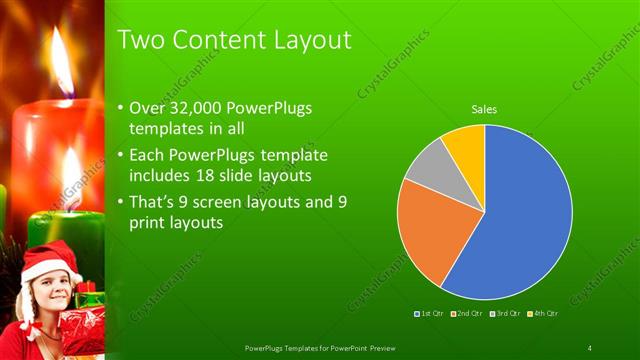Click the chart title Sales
point(485,109)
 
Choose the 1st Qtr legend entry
point(431,314)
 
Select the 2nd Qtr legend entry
point(468,314)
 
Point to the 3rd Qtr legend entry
point(505,314)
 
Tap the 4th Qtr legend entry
point(542,314)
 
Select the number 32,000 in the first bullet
point(195,108)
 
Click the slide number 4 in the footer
point(589,347)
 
